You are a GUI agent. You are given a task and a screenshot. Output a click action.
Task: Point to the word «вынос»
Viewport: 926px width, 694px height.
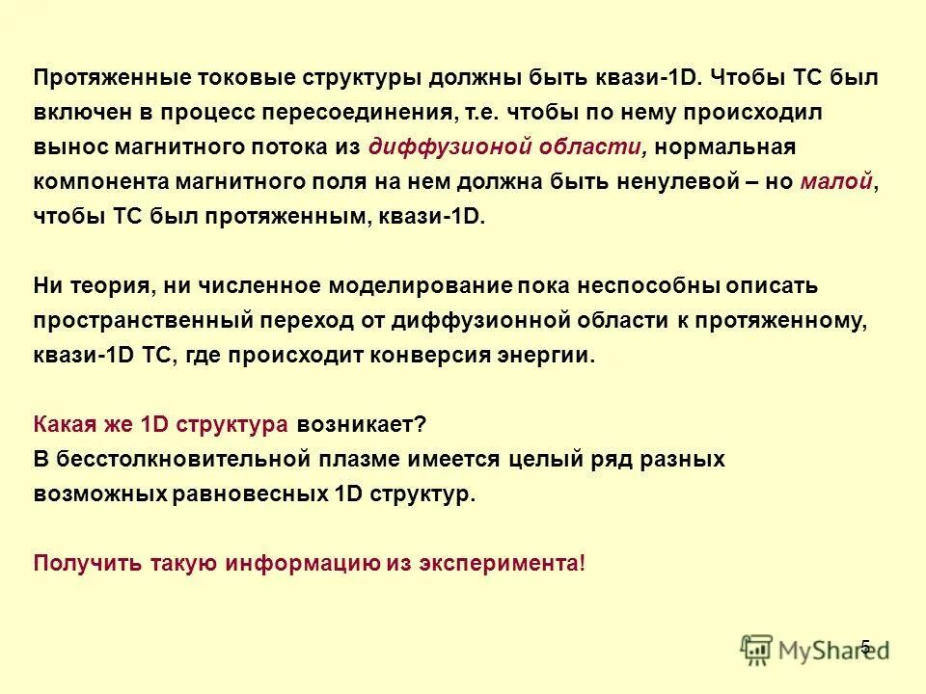click(65, 147)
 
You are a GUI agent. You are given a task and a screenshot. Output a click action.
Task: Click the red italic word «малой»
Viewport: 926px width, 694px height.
click(836, 182)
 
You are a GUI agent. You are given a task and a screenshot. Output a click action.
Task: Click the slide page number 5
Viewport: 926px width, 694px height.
click(865, 647)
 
